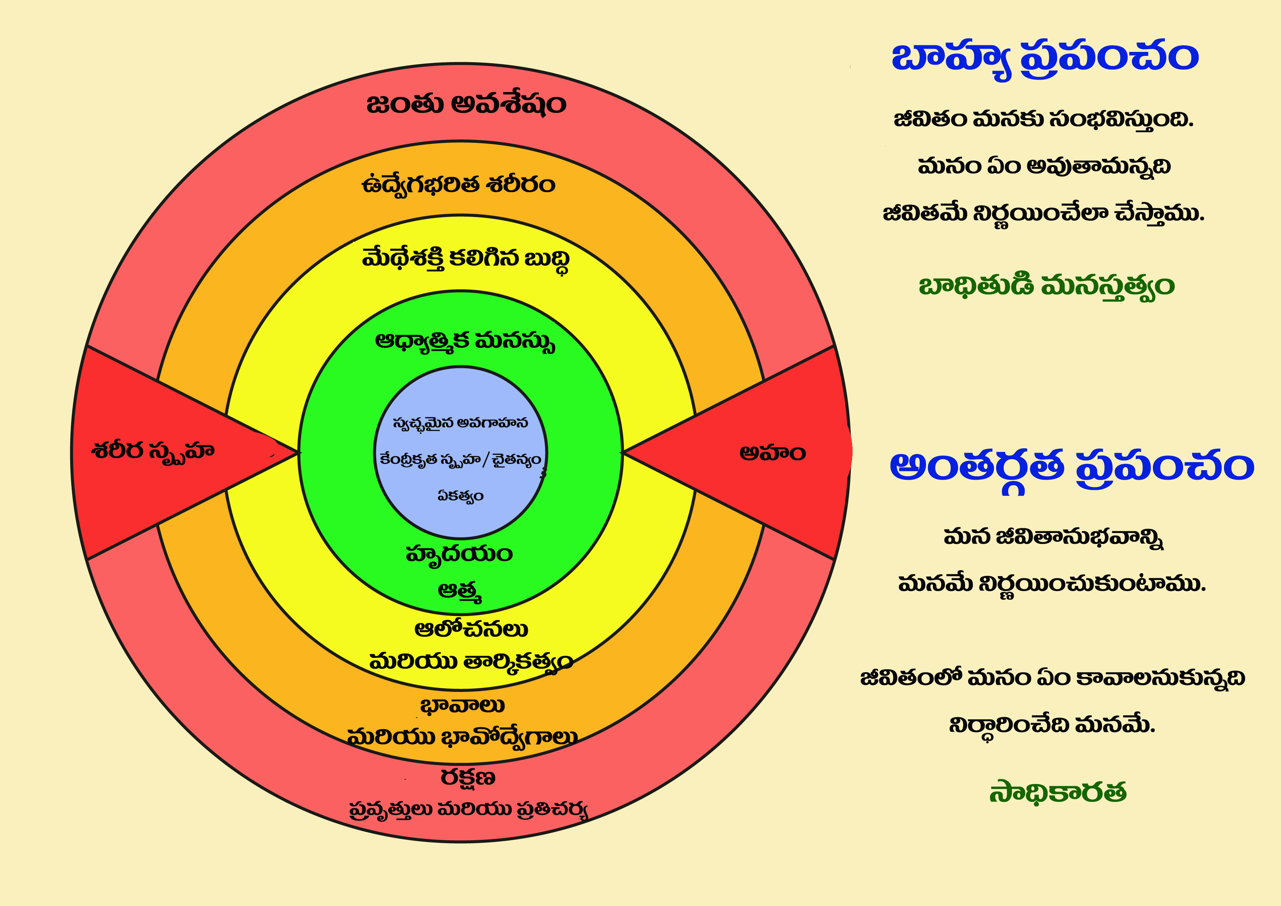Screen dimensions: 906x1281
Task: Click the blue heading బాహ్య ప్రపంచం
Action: [1044, 58]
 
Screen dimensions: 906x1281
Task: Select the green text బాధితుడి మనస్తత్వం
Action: [1046, 286]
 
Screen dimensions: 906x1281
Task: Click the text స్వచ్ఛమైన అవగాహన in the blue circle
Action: [460, 423]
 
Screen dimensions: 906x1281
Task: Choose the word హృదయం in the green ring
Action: [459, 554]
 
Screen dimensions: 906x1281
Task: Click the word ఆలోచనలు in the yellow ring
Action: [471, 629]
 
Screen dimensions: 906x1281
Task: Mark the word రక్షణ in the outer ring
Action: [468, 777]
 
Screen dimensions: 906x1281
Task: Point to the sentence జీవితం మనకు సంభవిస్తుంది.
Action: [1043, 120]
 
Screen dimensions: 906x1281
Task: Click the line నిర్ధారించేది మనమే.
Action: [1052, 725]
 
